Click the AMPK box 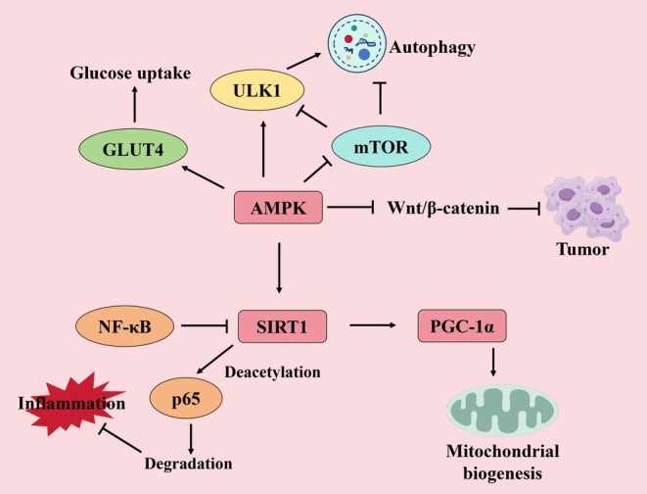point(278,208)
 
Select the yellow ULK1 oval point(257,89)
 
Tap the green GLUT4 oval point(133,149)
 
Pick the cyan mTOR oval point(381,146)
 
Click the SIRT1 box point(282,326)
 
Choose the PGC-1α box point(462,325)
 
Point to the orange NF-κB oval point(124,326)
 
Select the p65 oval point(186,398)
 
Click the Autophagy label point(432,47)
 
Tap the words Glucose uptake point(130,74)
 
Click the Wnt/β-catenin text point(443,208)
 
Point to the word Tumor point(582,249)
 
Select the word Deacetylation point(272,371)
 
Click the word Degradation point(188,464)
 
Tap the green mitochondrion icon point(502,411)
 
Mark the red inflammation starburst point(73,404)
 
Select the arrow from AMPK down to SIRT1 point(279,268)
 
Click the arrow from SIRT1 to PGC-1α point(373,325)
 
